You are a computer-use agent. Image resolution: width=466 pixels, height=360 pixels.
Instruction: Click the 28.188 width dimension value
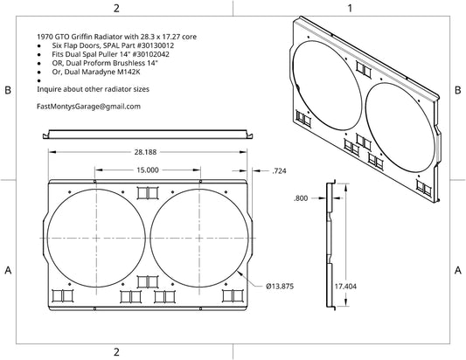(x=145, y=152)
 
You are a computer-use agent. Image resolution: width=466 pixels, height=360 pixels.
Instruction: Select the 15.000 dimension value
(x=148, y=170)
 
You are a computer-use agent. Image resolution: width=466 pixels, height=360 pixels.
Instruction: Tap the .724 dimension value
(x=279, y=170)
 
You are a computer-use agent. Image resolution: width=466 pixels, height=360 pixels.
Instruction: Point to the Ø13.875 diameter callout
(x=280, y=287)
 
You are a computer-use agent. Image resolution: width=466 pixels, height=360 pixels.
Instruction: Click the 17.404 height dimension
(x=345, y=287)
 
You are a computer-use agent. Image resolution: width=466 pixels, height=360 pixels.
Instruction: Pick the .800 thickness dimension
(x=301, y=198)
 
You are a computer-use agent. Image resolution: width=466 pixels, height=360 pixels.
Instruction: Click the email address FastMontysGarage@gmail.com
(x=88, y=107)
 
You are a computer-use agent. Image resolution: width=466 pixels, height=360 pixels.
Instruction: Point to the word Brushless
(x=129, y=63)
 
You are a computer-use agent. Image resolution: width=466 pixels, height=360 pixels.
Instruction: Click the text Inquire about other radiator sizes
(x=93, y=89)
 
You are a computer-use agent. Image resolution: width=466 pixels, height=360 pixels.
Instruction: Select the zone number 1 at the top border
(x=350, y=8)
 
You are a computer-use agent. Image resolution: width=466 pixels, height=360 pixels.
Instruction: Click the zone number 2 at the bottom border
(x=116, y=352)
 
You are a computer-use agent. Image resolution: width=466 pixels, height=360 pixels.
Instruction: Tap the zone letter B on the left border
(x=8, y=90)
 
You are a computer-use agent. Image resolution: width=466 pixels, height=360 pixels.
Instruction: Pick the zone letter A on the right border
(x=458, y=270)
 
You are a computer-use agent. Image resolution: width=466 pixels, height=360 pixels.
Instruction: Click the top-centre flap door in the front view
(x=148, y=193)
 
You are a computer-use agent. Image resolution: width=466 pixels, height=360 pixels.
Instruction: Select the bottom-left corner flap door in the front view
(x=62, y=296)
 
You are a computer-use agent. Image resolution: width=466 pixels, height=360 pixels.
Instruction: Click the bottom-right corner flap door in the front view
(x=233, y=296)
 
